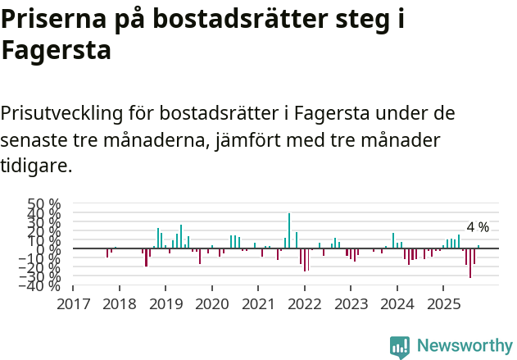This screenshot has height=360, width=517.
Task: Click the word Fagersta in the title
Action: coord(56,51)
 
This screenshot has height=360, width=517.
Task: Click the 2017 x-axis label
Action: coord(73,304)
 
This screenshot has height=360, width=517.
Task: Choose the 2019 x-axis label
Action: coord(166,304)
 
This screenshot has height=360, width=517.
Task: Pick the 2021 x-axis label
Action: coord(258,304)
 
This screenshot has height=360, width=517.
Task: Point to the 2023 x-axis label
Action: coord(351,304)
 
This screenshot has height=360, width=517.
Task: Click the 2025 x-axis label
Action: coord(443,304)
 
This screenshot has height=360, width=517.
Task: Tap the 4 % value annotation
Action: coord(478,227)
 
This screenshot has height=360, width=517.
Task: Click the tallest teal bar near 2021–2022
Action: coord(289,230)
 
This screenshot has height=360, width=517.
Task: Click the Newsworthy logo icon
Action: coord(400,346)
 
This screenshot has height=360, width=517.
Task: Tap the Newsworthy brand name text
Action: coord(464,346)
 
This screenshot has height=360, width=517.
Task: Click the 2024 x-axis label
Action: coord(397,304)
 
